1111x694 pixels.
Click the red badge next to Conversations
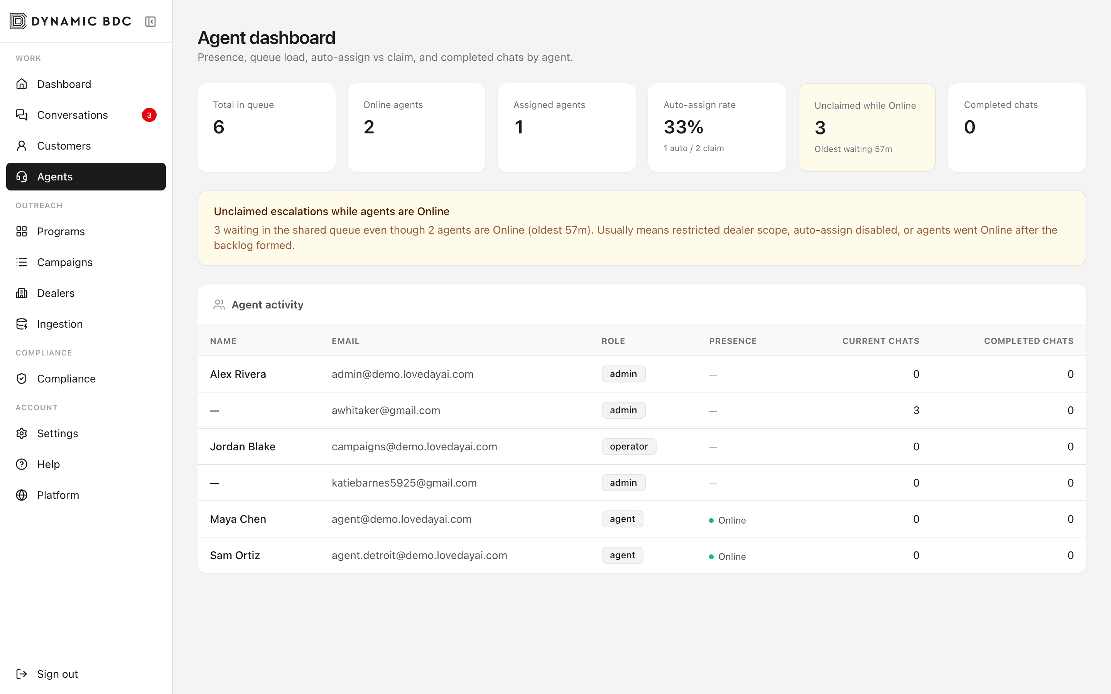coord(149,115)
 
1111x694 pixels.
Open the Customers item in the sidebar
coord(64,146)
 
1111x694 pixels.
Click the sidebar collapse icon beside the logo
coord(150,22)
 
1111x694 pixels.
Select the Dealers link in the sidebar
coord(56,293)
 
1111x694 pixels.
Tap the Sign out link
coord(57,674)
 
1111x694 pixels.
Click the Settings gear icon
coord(22,433)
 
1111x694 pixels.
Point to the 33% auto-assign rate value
coord(683,127)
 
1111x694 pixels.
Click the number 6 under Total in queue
coord(218,127)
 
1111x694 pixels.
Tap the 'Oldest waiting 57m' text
coord(853,149)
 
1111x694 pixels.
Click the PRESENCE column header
coord(733,341)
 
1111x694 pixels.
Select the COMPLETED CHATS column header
coord(1028,341)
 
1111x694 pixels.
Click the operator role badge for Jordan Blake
coord(629,446)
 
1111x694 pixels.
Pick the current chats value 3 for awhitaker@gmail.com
coord(916,410)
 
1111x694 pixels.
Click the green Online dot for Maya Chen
coord(711,520)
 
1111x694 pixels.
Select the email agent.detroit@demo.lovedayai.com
coord(419,555)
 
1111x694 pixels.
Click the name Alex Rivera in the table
coord(238,374)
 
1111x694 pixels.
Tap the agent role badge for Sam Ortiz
coord(622,555)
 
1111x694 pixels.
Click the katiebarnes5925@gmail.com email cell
coord(404,483)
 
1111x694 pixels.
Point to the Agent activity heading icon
coord(219,305)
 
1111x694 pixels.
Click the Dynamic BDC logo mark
coord(19,21)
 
